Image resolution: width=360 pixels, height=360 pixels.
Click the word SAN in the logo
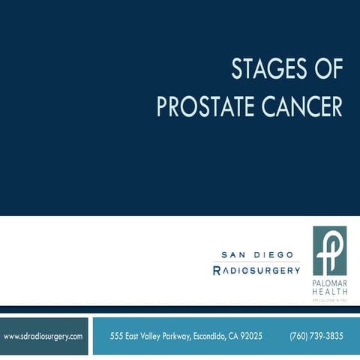(x=233, y=255)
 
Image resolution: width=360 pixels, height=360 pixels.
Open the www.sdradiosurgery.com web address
(x=43, y=336)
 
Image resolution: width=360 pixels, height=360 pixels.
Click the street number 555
(x=116, y=336)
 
